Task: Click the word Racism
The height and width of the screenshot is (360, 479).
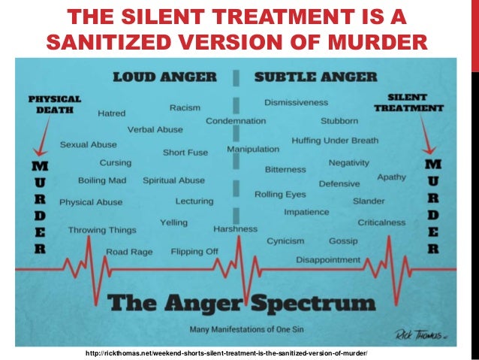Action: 185,107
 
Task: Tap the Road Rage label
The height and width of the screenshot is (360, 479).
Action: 128,252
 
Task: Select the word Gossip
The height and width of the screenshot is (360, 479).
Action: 343,241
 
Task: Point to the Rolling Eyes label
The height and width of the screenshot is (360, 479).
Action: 279,195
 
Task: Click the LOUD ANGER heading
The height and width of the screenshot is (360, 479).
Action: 164,77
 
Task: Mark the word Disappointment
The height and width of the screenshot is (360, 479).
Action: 328,259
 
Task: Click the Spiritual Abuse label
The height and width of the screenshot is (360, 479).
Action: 173,180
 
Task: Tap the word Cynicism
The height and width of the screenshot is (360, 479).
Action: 285,241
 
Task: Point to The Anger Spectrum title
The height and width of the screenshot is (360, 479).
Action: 240,304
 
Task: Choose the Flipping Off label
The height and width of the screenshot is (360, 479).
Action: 194,252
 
